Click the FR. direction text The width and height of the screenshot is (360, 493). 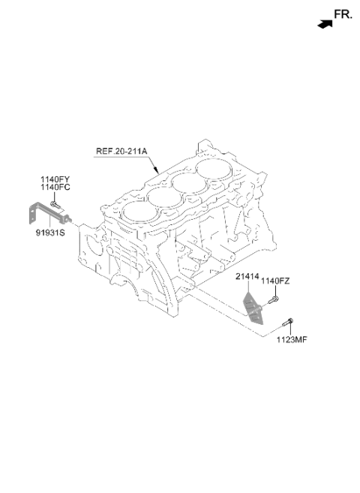point(343,14)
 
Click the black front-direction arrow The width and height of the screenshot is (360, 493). point(325,24)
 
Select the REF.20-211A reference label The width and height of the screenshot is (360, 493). point(121,151)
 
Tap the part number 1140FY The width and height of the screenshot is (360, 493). point(55,179)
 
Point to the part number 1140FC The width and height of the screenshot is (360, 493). point(55,187)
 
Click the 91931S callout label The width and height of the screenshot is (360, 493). point(50,233)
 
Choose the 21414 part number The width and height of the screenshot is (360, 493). point(247,277)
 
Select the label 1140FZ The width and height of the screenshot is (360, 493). point(275,281)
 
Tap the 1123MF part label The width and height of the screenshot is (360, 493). point(292,340)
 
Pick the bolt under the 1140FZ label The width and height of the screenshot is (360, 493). point(273,300)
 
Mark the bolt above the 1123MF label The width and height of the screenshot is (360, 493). point(288,322)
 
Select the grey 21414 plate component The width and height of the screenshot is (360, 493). point(253,308)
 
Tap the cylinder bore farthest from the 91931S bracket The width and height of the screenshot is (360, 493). point(214,170)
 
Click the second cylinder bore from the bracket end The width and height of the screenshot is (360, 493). point(164,197)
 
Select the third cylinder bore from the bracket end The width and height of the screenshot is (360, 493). point(190,183)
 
